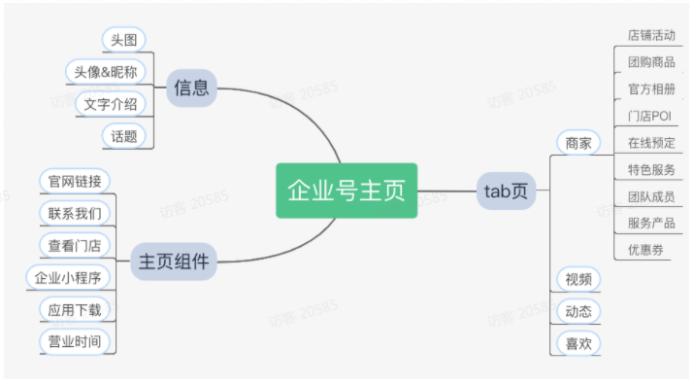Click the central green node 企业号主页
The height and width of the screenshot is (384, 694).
pyautogui.click(x=347, y=191)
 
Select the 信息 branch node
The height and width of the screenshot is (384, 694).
pyautogui.click(x=191, y=88)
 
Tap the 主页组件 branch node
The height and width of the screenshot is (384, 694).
pyautogui.click(x=174, y=261)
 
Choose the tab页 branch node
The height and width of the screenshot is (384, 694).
pyautogui.click(x=506, y=191)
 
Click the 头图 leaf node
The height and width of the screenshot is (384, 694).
pyautogui.click(x=123, y=40)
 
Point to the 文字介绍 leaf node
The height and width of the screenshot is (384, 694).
pyautogui.click(x=110, y=103)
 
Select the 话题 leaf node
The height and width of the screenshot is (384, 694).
pyautogui.click(x=123, y=135)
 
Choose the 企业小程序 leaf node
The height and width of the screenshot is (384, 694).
pyautogui.click(x=67, y=277)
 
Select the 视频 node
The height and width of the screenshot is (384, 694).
pyautogui.click(x=578, y=280)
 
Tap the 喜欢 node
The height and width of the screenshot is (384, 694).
pyautogui.click(x=578, y=342)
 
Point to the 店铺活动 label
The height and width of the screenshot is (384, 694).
pyautogui.click(x=651, y=36)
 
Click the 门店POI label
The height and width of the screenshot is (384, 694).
pyautogui.click(x=649, y=116)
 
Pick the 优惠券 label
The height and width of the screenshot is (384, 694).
pyautogui.click(x=644, y=249)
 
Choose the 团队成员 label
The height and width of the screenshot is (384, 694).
pyautogui.click(x=651, y=195)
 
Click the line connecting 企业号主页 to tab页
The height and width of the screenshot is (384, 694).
pyautogui.click(x=447, y=191)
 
